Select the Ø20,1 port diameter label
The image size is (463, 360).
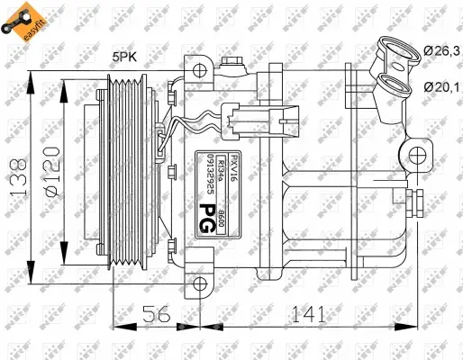(x=439, y=86)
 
